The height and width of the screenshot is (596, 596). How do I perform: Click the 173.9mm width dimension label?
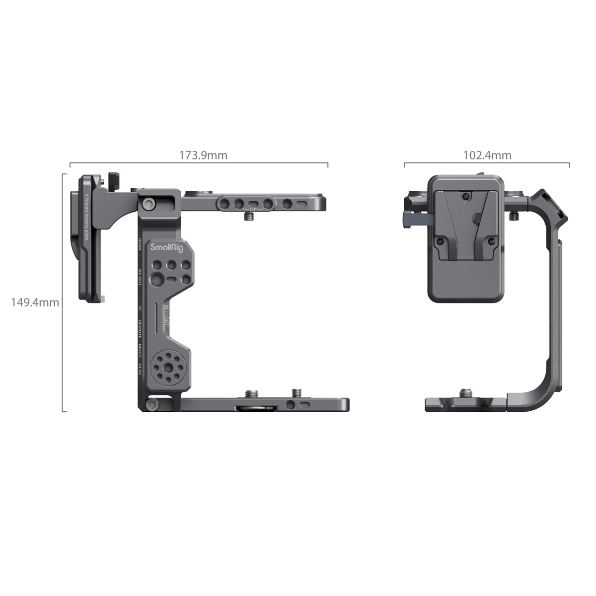(x=203, y=155)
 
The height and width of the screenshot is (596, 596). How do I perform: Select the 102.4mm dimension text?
(x=487, y=155)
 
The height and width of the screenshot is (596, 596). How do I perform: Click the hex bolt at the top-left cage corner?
(x=149, y=204)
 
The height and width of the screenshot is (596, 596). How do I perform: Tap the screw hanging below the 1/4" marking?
(x=251, y=217)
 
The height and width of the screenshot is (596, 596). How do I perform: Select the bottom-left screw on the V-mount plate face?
(x=439, y=241)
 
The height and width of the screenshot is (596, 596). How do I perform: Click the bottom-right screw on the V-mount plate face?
(x=491, y=241)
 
